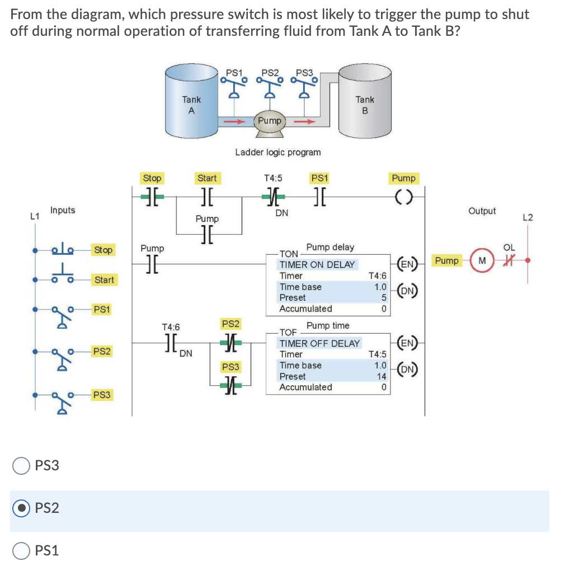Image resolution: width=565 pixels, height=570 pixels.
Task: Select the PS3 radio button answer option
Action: coord(21,465)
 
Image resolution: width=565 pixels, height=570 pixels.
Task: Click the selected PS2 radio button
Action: coord(21,508)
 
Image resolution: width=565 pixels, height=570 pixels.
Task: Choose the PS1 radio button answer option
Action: coord(21,550)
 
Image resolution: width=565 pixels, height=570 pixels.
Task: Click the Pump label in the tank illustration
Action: coord(270,120)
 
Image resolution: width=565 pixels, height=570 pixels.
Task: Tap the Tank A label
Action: coord(191,105)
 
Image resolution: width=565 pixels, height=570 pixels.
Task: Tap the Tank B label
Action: coord(365,105)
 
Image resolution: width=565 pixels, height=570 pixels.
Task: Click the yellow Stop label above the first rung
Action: coord(152,178)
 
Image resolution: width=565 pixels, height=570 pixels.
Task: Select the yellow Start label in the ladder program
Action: coord(206,178)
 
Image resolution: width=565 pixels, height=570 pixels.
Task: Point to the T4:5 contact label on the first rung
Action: coord(273,178)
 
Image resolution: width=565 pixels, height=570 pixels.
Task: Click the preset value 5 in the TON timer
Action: coord(384,298)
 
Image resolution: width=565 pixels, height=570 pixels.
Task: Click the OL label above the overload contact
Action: coord(509,247)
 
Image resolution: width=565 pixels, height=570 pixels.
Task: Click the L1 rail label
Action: coord(35,216)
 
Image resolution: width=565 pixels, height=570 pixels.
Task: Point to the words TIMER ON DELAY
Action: coord(317,264)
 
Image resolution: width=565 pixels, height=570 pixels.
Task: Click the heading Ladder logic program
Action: coord(278,152)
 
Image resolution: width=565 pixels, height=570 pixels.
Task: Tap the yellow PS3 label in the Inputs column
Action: coord(102,395)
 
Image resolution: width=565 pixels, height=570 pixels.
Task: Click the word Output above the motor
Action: coord(482,211)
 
